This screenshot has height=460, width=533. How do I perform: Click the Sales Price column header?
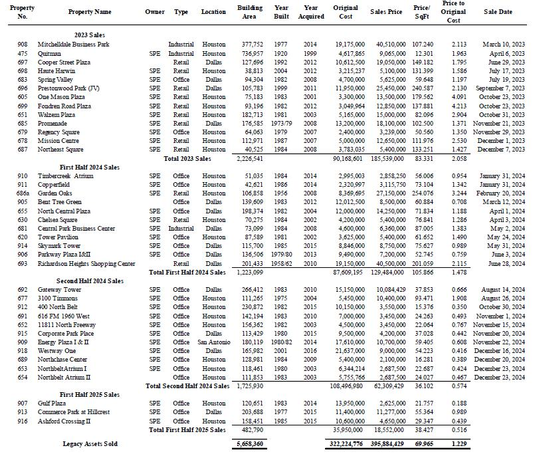point(386,12)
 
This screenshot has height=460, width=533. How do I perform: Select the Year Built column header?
point(281,12)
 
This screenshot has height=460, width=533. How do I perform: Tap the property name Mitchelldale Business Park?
point(73,45)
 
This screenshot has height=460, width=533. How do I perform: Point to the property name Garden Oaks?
point(54,193)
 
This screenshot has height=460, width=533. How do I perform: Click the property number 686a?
point(23,193)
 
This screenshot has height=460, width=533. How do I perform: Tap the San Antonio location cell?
point(213,342)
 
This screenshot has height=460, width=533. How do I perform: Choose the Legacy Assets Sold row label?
point(90,443)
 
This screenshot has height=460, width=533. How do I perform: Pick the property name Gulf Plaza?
point(52,403)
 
